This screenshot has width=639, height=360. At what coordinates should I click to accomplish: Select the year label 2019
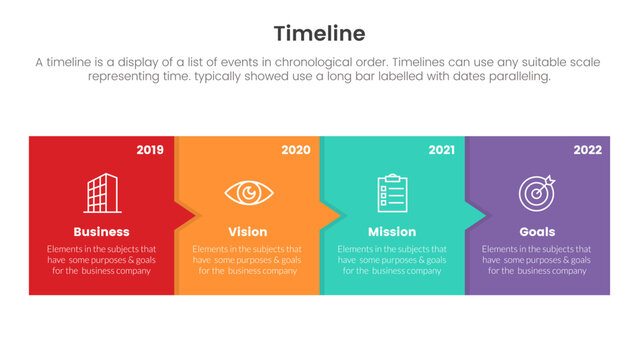coord(150,150)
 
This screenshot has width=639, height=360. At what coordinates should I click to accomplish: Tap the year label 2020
coord(295,150)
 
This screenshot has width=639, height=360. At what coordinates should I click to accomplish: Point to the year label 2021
coord(441,150)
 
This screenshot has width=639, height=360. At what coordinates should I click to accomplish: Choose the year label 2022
coord(587,150)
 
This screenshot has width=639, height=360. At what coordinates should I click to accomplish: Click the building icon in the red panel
coord(101,193)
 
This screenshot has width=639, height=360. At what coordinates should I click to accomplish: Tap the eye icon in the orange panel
coord(246,193)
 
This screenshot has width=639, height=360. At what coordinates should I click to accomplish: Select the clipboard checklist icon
coord(392,193)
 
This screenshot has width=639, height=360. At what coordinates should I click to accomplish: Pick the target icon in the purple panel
coord(537,192)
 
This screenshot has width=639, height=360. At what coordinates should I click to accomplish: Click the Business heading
coord(101,232)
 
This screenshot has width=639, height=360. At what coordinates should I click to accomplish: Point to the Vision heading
coord(247,232)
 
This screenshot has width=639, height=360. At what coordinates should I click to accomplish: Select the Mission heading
coord(392,232)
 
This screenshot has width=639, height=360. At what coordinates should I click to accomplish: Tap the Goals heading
coord(537,232)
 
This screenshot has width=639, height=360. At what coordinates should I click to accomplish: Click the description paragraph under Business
coord(101,259)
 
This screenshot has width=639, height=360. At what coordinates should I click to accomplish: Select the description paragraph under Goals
coord(537,259)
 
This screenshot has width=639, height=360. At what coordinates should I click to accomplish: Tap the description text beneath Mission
coord(392,259)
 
